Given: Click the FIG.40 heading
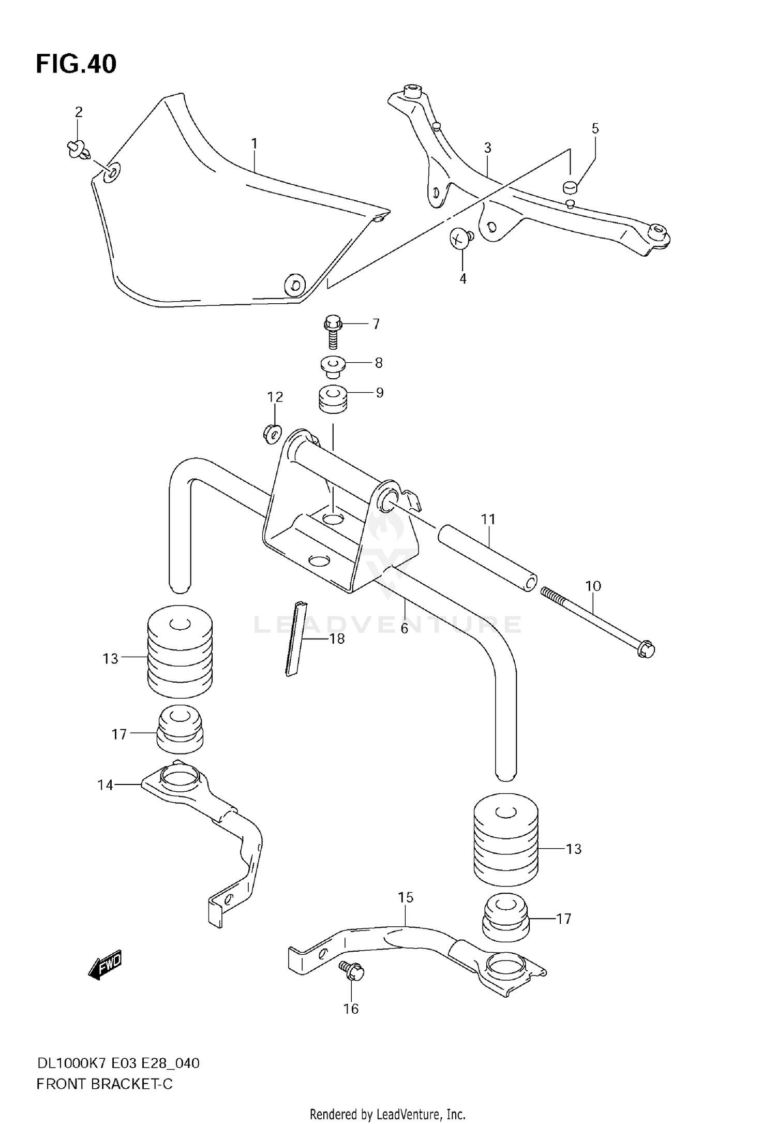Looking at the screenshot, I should (x=76, y=64).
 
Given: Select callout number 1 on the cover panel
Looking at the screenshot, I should (x=254, y=143).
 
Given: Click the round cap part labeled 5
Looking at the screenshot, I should (x=570, y=186).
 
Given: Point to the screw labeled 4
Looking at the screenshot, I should (x=459, y=239).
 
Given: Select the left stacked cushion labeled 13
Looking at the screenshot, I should (x=180, y=652).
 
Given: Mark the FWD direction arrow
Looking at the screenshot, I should (x=106, y=964).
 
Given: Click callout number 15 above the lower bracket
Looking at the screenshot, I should (x=406, y=897).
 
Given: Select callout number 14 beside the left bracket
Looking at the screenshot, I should (x=105, y=785).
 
